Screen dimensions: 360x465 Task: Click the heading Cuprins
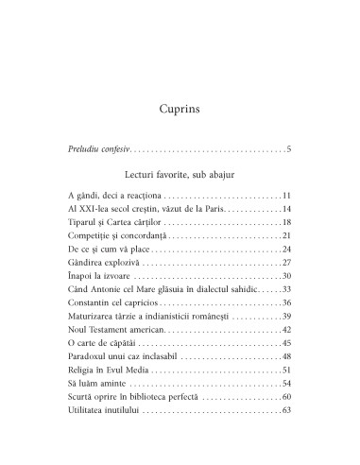180,109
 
